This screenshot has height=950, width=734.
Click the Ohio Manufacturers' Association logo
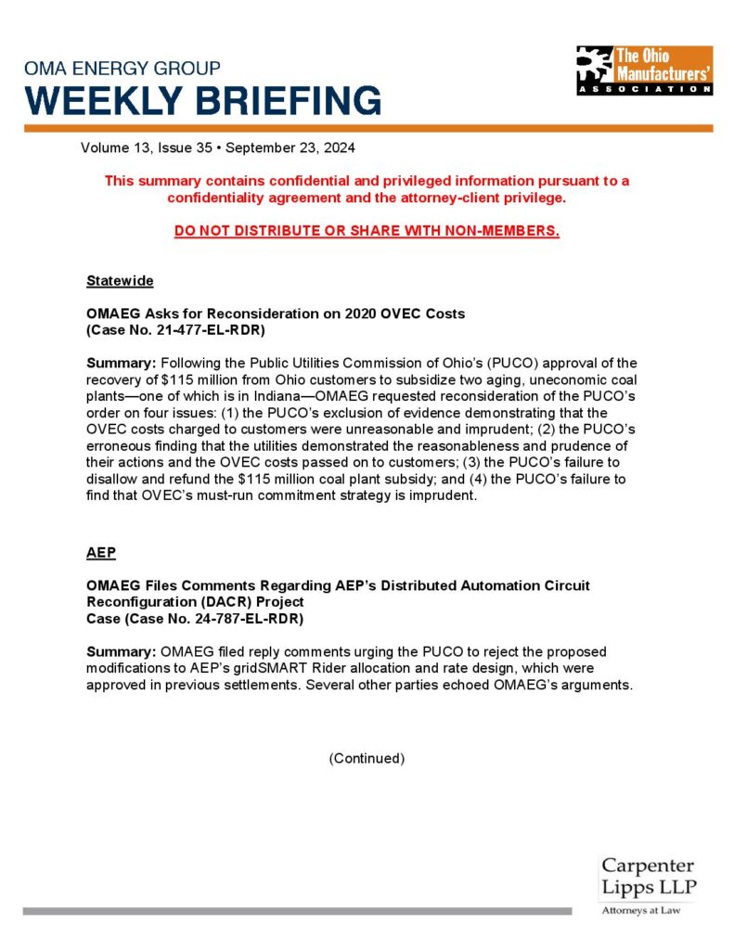(x=644, y=71)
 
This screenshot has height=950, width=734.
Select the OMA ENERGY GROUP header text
(x=122, y=69)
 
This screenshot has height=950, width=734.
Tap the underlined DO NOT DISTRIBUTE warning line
(x=367, y=230)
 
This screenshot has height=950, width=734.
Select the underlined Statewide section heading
(x=120, y=280)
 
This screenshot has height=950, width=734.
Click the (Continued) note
(x=367, y=758)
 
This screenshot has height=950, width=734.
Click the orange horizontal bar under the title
(x=367, y=128)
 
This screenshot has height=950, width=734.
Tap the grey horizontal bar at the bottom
(x=297, y=911)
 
